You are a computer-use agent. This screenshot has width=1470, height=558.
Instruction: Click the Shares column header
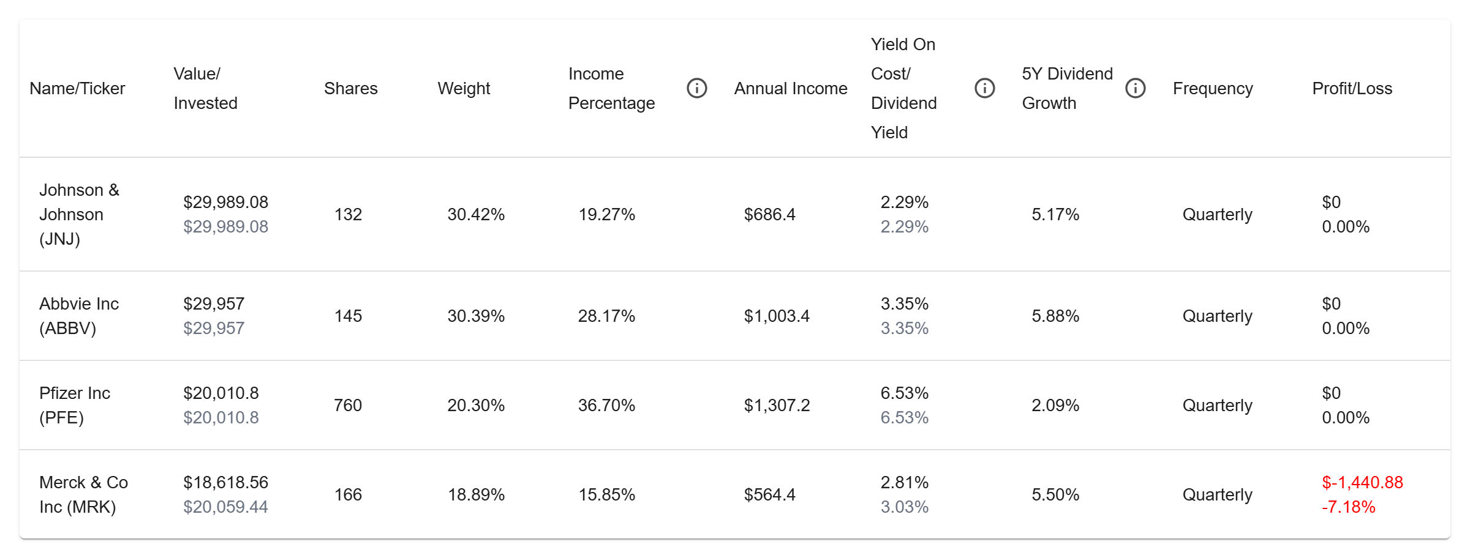pyautogui.click(x=350, y=89)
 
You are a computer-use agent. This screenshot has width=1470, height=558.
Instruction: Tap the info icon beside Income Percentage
pyautogui.click(x=697, y=88)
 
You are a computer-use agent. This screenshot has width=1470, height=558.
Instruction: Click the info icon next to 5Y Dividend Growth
pyautogui.click(x=1136, y=88)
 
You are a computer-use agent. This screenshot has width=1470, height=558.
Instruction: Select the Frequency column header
pyautogui.click(x=1213, y=89)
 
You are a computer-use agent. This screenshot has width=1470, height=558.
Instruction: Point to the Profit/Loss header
pyautogui.click(x=1352, y=89)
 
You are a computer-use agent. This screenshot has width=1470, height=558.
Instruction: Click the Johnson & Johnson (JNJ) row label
pyautogui.click(x=80, y=214)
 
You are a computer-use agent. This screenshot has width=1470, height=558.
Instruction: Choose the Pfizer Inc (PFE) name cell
pyautogui.click(x=75, y=405)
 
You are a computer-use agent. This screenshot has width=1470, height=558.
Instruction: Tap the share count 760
pyautogui.click(x=348, y=405)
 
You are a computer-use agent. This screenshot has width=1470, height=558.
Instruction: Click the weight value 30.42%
pyautogui.click(x=476, y=214)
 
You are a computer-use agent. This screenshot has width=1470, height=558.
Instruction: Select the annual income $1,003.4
pyautogui.click(x=777, y=316)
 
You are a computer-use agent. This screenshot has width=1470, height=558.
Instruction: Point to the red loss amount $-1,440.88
pyautogui.click(x=1362, y=482)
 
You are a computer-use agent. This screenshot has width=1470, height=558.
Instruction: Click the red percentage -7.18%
pyautogui.click(x=1349, y=507)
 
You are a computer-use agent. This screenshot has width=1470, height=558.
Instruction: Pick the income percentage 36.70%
pyautogui.click(x=606, y=405)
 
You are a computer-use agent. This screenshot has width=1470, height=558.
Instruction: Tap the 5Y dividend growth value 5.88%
pyautogui.click(x=1055, y=316)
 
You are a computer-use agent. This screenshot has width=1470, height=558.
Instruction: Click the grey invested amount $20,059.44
pyautogui.click(x=225, y=507)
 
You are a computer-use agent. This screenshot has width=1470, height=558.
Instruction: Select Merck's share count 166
pyautogui.click(x=348, y=494)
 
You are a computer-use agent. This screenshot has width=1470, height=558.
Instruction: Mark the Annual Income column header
pyautogui.click(x=791, y=89)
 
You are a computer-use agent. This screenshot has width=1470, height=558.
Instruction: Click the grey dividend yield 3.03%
pyautogui.click(x=905, y=507)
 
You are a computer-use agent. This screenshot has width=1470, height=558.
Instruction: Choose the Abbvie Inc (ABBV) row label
pyautogui.click(x=79, y=316)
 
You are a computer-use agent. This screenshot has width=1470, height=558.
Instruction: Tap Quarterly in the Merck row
pyautogui.click(x=1217, y=494)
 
